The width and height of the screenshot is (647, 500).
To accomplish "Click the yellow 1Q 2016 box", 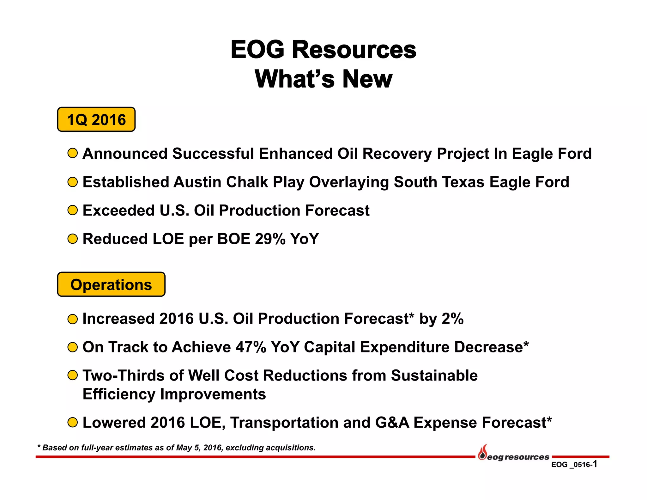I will pos(96,119).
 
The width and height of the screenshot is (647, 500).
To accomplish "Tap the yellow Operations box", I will pos(111,284).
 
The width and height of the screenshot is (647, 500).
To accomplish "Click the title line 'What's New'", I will pos(323,79).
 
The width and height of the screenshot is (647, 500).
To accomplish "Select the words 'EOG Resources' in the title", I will pos(323,50).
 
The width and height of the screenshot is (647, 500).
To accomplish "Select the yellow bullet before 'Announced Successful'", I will pos(73,153).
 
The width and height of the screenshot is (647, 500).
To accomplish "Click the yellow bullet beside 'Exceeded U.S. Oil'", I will pos(73,210).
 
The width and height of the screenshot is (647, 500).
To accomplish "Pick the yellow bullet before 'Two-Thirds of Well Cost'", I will pos(73,375).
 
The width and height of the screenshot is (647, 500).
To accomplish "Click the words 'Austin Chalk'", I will pos(221,182).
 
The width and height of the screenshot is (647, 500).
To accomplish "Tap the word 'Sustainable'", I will pos(434,375).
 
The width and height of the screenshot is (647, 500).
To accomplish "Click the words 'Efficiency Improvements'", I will pos(174,394).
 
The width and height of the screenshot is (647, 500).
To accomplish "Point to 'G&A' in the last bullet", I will pos(392,423).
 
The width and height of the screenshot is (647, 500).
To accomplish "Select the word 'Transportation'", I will pos(284,423).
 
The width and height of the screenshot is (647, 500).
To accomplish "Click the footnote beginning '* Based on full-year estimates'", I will pos(176,448).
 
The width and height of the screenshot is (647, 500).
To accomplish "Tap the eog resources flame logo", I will pos(482,453).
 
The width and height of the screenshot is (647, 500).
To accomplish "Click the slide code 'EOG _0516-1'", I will pos(574,464).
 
